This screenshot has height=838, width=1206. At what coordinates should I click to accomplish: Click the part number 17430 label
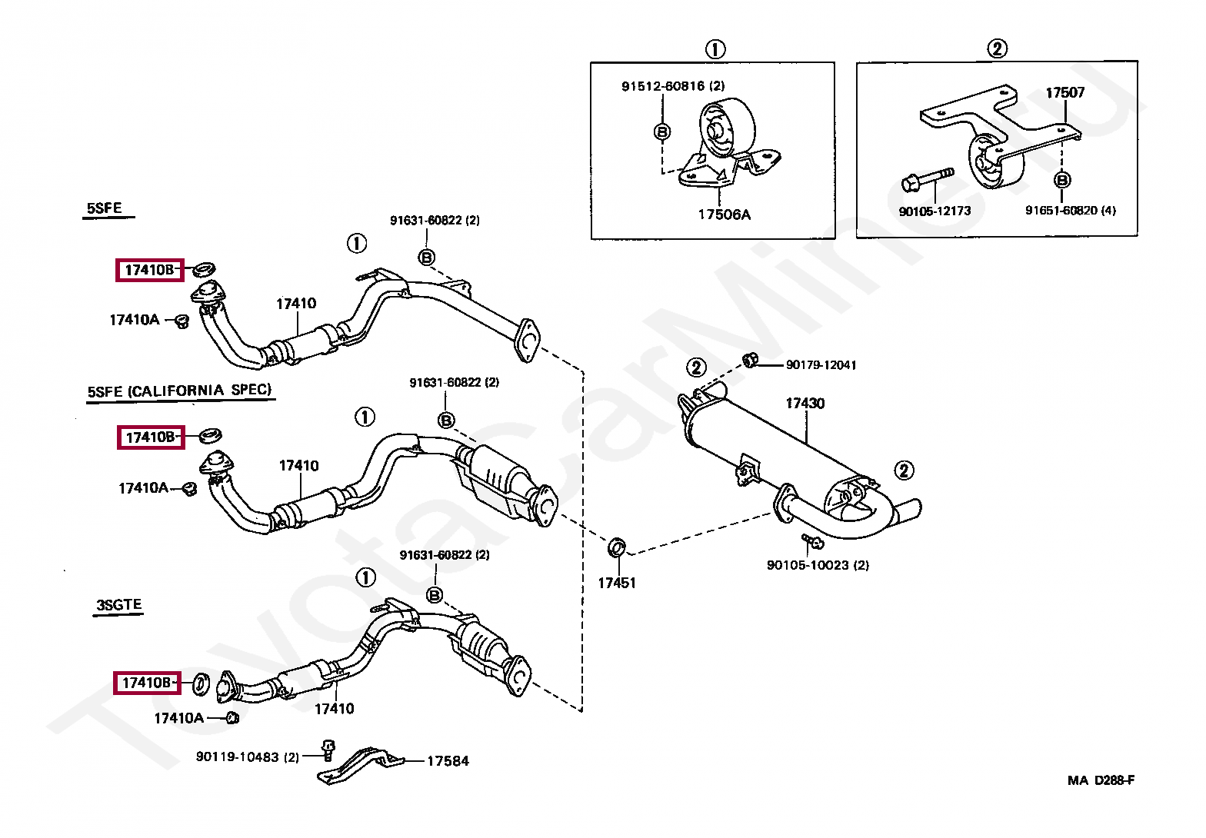point(805,404)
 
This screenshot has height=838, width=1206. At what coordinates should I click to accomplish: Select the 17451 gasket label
point(617,583)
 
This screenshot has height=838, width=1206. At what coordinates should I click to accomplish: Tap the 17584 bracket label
point(448,761)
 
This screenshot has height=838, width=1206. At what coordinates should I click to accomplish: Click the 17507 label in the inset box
point(1064,93)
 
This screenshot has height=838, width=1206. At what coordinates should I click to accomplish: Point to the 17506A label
point(724,214)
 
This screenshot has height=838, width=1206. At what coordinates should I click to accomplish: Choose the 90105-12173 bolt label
point(934,211)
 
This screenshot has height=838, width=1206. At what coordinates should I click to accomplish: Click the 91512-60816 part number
point(673,86)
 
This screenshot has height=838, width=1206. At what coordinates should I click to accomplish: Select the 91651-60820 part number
point(1070,211)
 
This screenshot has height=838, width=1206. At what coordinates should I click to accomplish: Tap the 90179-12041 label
point(821,365)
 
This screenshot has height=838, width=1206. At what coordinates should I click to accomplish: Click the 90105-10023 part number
point(818,565)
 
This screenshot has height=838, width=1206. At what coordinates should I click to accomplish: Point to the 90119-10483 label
point(247,757)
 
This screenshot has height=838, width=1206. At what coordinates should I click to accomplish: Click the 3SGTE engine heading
point(119,605)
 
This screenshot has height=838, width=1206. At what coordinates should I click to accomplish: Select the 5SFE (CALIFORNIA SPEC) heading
point(179,391)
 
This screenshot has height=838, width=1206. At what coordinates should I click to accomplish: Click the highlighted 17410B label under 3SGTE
point(147,683)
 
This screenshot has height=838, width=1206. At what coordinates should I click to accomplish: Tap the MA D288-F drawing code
point(1101,780)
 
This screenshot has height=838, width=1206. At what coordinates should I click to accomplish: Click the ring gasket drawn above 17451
point(617,548)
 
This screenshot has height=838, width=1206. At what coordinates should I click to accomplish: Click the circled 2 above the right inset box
point(996,49)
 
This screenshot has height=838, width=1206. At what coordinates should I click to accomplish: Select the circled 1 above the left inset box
point(715,50)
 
